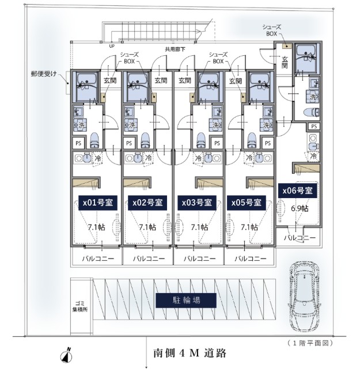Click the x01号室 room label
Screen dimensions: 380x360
[97, 203]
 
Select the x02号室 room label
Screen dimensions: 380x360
[147, 203]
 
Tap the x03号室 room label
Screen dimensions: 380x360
[198, 203]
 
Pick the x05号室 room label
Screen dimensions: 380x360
[248, 203]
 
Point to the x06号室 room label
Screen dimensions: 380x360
[297, 191]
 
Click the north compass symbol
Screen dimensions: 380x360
[66, 354]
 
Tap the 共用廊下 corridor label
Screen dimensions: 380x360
[176, 49]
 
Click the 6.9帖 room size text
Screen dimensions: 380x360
[300, 208]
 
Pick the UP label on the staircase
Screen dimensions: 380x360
[111, 45]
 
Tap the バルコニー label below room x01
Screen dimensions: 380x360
[97, 259]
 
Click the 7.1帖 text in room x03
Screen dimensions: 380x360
[198, 227]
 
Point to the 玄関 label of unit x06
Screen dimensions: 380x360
[285, 62]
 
